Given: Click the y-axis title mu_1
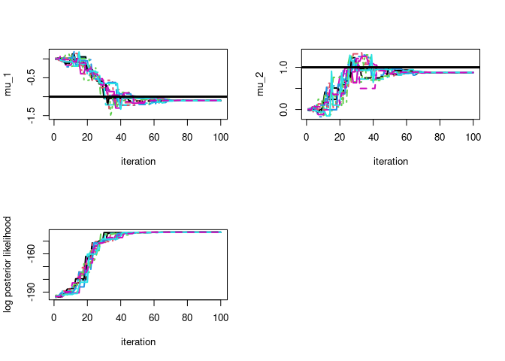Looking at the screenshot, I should pyautogui.click(x=9, y=84).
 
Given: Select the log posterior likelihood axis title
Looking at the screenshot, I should pyautogui.click(x=9, y=264).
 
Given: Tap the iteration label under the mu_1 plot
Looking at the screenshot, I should pyautogui.click(x=138, y=161).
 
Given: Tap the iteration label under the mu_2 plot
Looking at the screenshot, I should pyautogui.click(x=391, y=161).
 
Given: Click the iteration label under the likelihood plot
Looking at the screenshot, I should pyautogui.click(x=138, y=341).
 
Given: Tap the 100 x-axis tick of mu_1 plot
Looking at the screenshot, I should pyautogui.click(x=221, y=137).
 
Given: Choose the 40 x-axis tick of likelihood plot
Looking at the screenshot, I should pyautogui.click(x=121, y=317).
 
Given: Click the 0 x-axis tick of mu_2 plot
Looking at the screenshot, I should pyautogui.click(x=307, y=137).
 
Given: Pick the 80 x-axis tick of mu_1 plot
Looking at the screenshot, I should pyautogui.click(x=188, y=137).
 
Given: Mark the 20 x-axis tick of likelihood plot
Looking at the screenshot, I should pyautogui.click(x=87, y=317).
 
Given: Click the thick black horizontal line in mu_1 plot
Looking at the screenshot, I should pyautogui.click(x=188, y=97).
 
